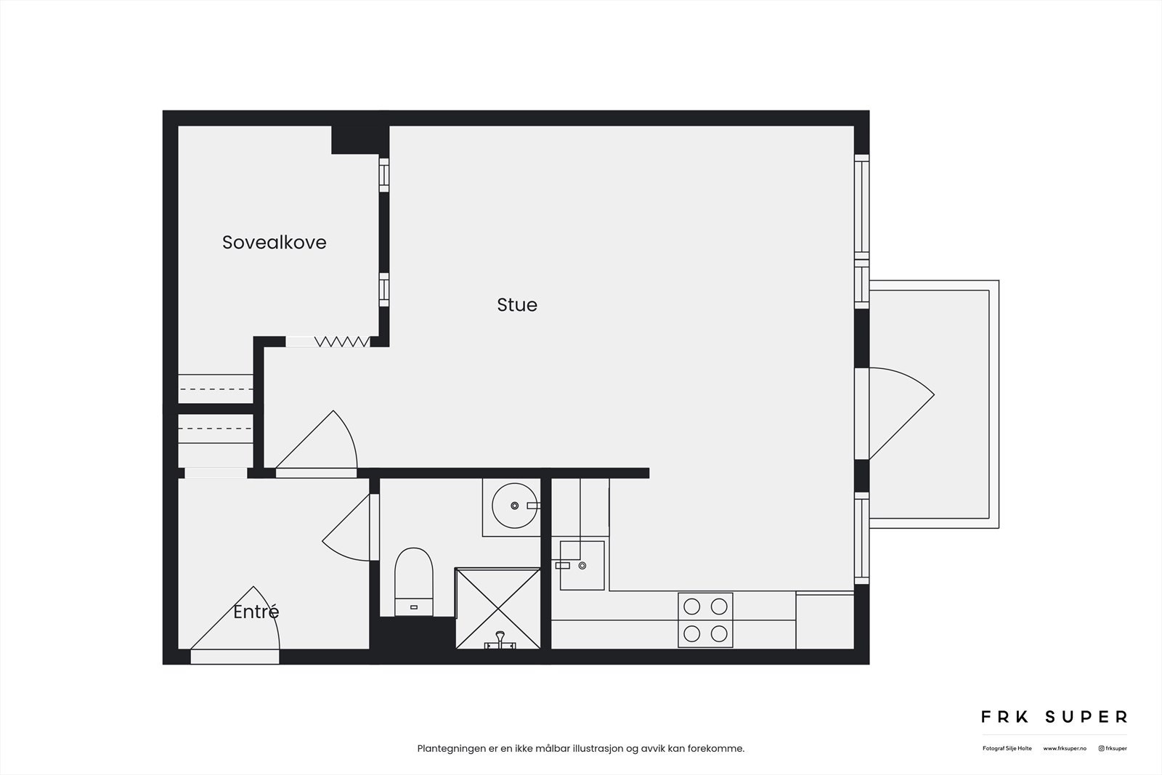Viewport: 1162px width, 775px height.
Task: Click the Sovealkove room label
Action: tap(274, 243)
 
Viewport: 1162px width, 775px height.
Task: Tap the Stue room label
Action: tap(517, 305)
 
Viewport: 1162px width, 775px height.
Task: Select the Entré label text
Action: tap(256, 612)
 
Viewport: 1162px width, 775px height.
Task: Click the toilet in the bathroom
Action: tap(414, 581)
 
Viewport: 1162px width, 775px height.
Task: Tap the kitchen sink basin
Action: tap(582, 565)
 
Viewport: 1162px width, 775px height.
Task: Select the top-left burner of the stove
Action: tap(692, 606)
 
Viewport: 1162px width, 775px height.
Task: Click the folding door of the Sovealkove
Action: tap(341, 341)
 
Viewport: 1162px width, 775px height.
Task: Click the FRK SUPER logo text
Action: tap(1054, 717)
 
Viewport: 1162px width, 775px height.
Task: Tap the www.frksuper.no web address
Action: tap(1065, 748)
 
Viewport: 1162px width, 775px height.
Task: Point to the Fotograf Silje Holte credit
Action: tap(1007, 748)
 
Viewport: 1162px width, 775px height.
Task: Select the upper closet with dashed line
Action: tap(216, 389)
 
